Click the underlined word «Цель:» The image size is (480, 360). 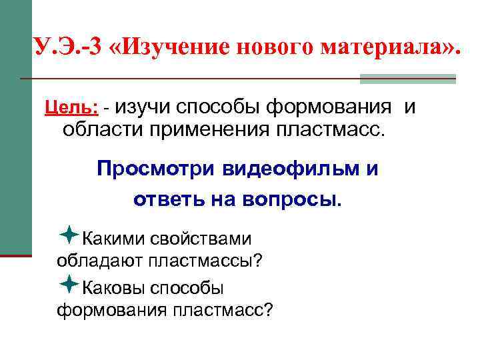pos(71,107)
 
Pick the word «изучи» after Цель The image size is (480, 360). pos(147,107)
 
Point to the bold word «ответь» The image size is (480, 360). pos(167,198)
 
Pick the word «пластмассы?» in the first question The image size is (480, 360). pos(207,260)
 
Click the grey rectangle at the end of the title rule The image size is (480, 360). pos(407,79)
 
